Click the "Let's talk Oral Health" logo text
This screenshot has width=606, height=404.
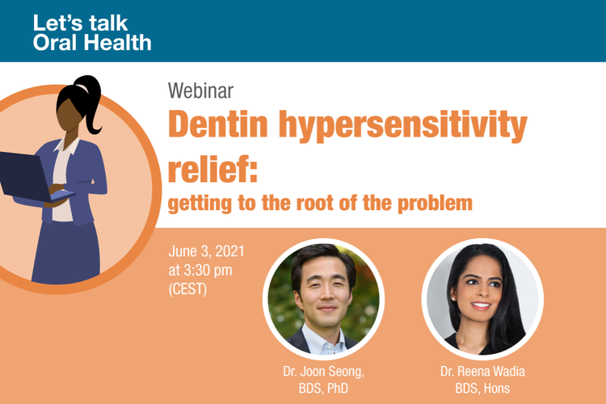click(92, 33)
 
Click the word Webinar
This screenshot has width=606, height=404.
click(200, 90)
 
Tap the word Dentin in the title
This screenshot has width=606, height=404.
click(218, 124)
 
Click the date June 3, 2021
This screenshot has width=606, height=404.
click(206, 251)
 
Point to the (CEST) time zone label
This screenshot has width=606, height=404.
click(187, 288)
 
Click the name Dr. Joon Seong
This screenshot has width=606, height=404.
click(323, 372)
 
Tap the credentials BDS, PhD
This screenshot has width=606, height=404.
click(323, 388)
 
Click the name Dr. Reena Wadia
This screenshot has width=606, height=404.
click(482, 372)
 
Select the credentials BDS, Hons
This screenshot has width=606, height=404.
click(482, 388)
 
